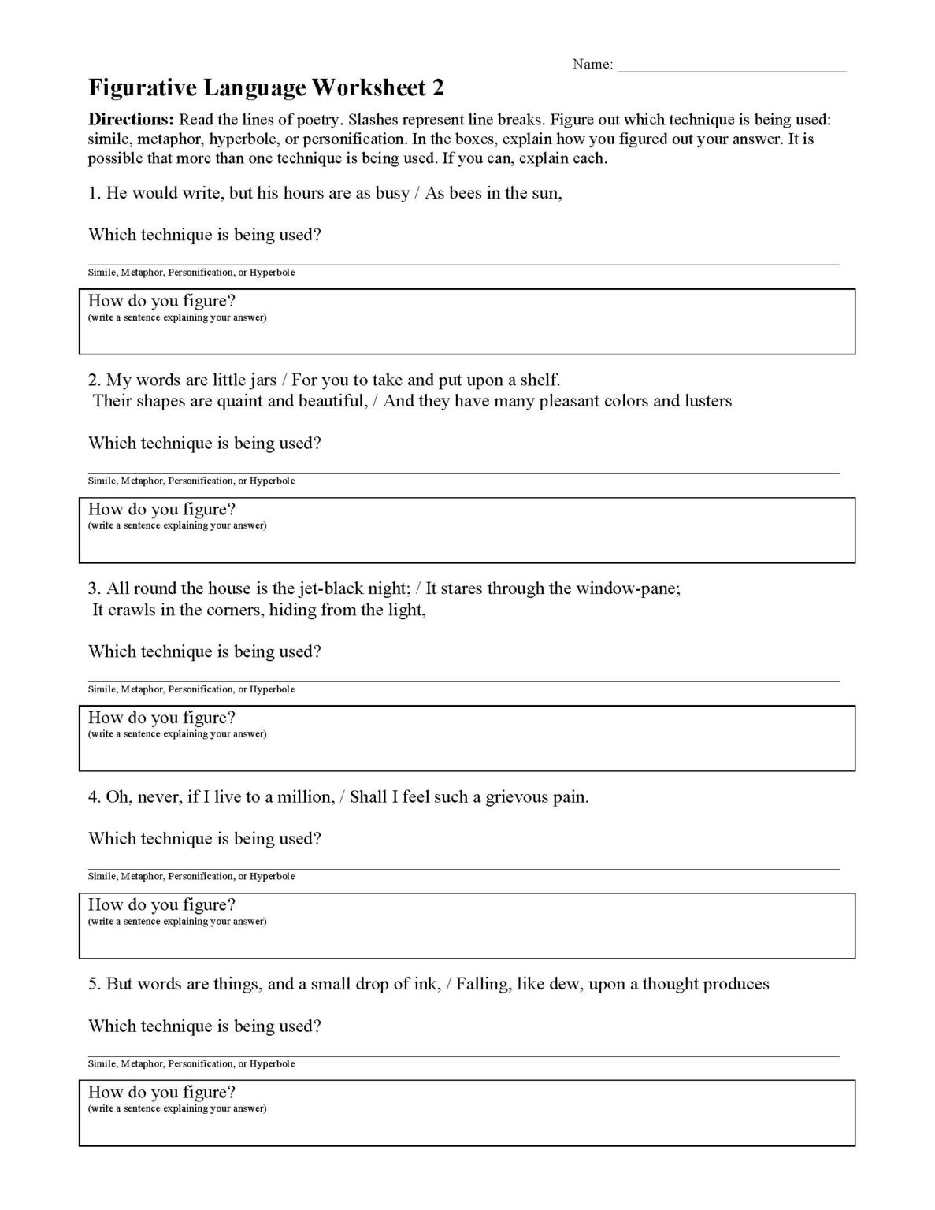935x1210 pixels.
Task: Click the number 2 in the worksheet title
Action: pyautogui.click(x=438, y=87)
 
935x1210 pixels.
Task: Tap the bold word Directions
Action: pyautogui.click(x=131, y=120)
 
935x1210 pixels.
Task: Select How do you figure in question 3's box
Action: pyautogui.click(x=161, y=718)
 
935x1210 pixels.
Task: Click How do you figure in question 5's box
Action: pyautogui.click(x=161, y=1093)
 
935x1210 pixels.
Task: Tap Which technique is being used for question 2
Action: pyautogui.click(x=205, y=444)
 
